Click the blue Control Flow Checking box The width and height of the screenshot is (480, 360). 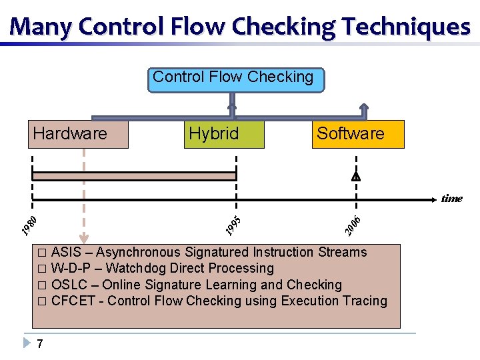[x=233, y=79]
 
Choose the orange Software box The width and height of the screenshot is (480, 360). [x=357, y=134]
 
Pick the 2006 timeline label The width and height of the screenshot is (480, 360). [x=352, y=225]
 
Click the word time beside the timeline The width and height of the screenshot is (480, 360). [x=451, y=198]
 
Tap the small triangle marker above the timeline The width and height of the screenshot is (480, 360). [x=356, y=177]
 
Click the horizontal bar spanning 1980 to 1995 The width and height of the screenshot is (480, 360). [x=134, y=176]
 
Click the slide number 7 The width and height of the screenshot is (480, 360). [x=41, y=344]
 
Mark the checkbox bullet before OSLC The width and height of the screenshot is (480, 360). [x=42, y=285]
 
